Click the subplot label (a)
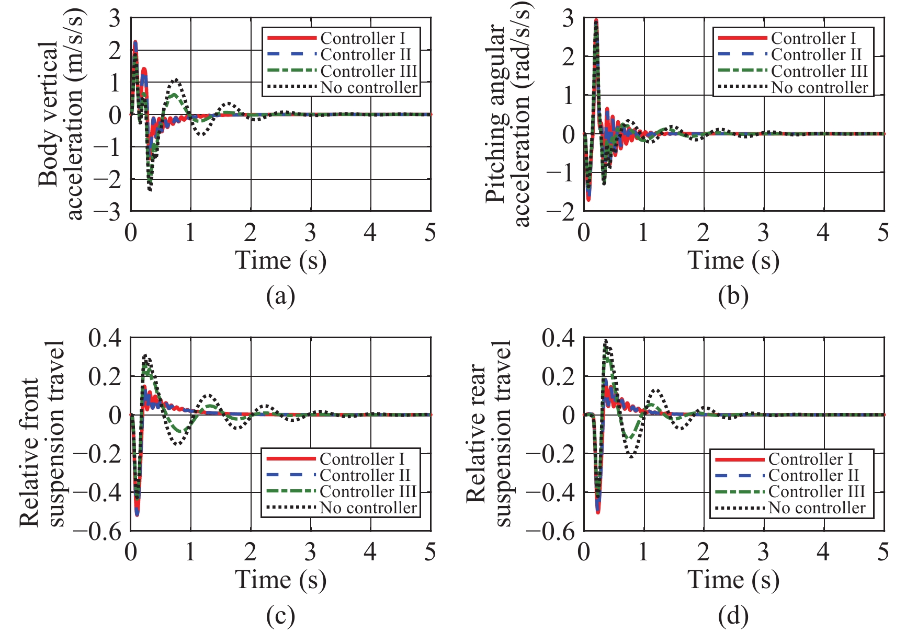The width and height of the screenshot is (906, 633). click(280, 296)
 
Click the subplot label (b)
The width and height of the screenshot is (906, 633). click(733, 296)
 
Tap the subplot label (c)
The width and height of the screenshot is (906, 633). click(280, 616)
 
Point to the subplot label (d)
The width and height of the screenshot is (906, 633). click(733, 616)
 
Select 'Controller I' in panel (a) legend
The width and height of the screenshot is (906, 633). click(363, 38)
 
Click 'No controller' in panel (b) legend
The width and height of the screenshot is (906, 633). click(819, 87)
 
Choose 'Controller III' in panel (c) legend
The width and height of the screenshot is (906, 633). click(368, 491)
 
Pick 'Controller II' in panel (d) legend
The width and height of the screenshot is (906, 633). click(813, 475)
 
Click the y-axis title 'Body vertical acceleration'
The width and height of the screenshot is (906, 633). click(60, 115)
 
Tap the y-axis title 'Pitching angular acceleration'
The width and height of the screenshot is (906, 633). click(507, 115)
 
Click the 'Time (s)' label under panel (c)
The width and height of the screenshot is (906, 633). click(280, 580)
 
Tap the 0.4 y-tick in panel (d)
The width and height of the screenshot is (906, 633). click(558, 338)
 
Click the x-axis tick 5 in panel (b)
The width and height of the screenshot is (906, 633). click(883, 233)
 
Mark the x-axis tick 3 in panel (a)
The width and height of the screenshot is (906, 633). click(311, 233)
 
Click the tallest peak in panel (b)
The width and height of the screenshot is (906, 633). click(596, 20)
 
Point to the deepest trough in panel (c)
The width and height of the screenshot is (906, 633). click(137, 515)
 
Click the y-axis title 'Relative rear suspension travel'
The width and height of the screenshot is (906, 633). click(489, 434)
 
